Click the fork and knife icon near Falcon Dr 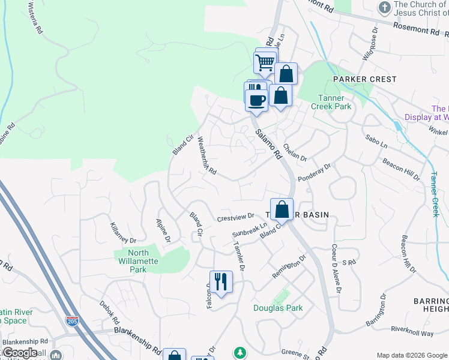[221, 282]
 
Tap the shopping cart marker [265, 62]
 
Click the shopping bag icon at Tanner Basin [282, 209]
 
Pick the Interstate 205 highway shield [72, 322]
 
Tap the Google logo [20, 353]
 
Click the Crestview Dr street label [236, 217]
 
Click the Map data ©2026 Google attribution [411, 355]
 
